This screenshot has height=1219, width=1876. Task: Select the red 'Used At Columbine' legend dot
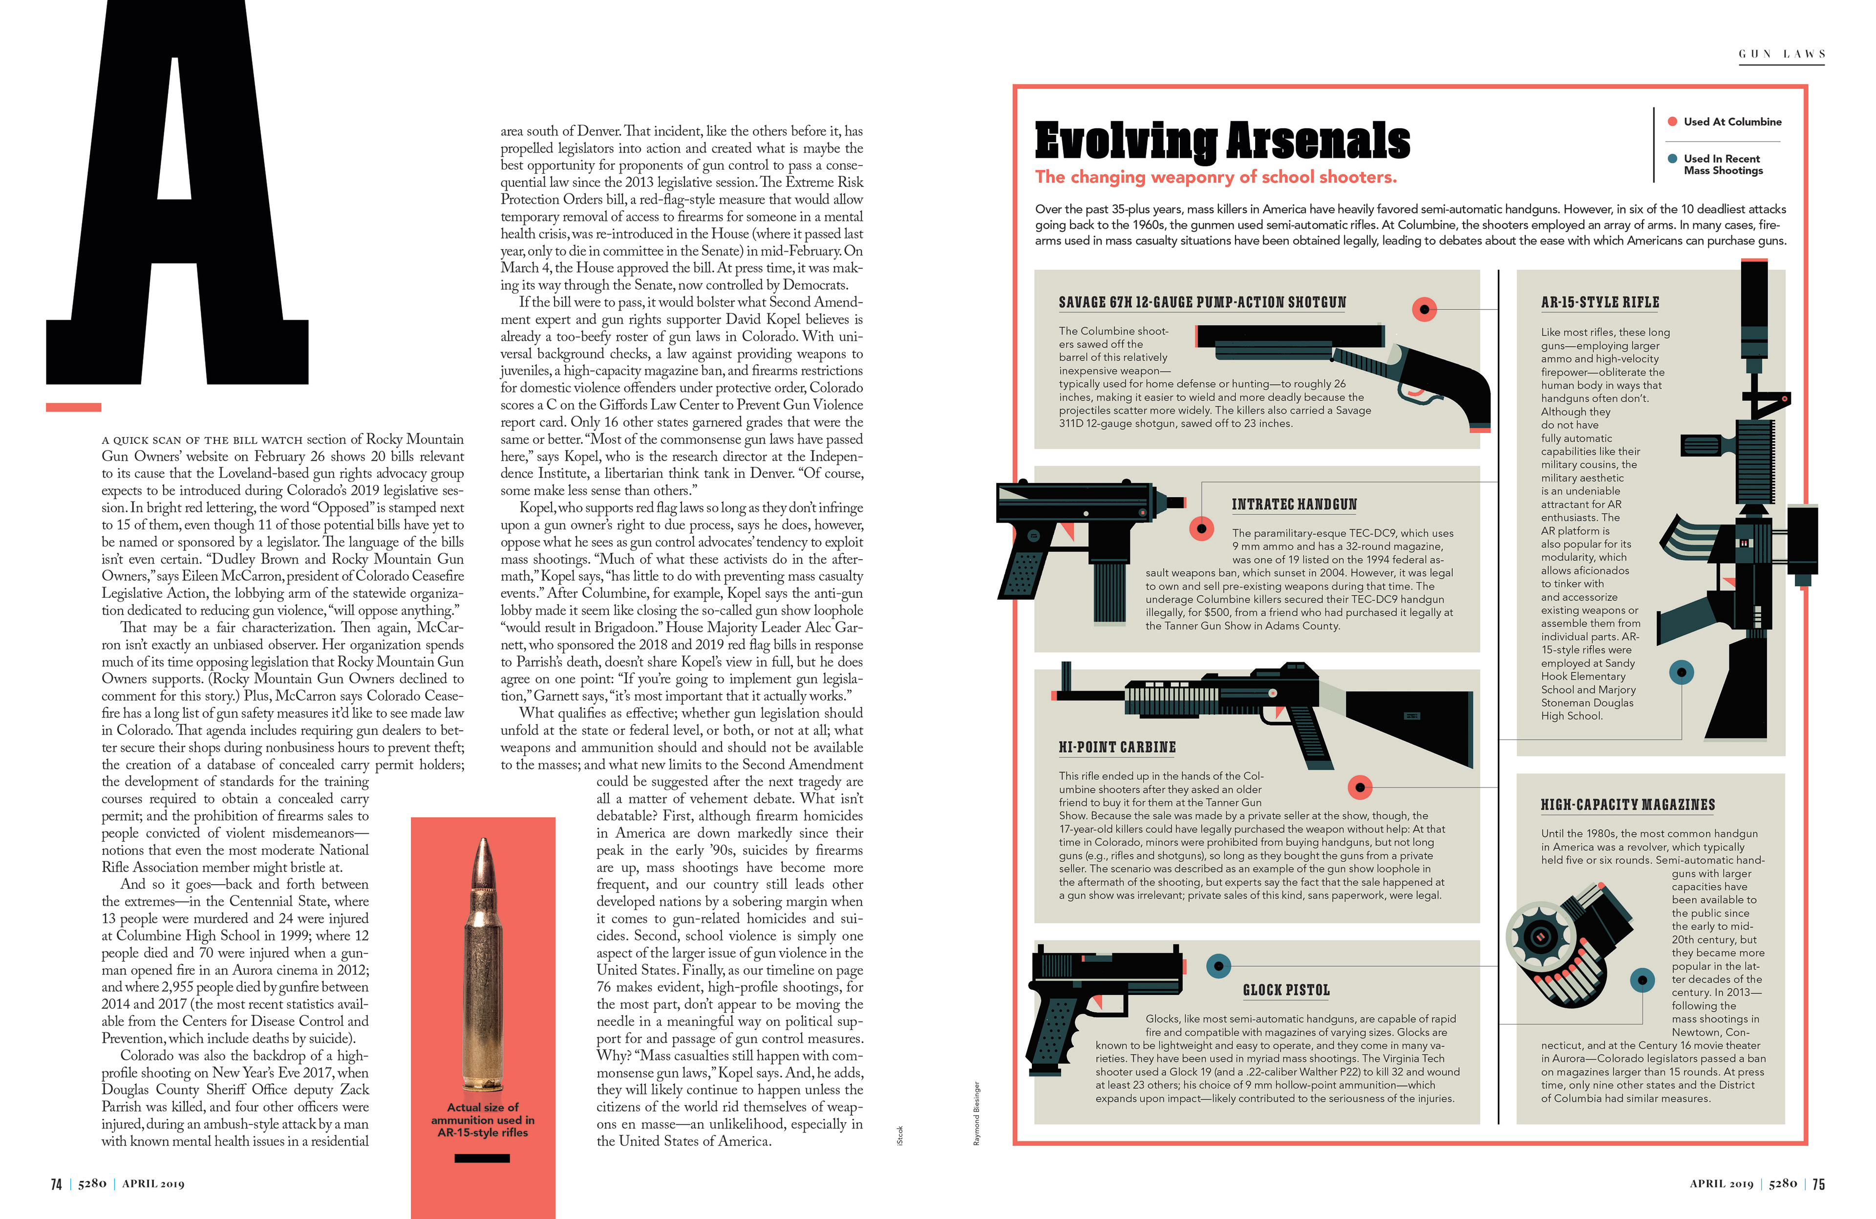pos(1672,121)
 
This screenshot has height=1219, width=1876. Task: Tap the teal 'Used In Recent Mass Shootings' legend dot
pos(1672,158)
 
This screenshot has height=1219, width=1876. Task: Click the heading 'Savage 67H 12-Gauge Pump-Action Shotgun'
pos(1202,303)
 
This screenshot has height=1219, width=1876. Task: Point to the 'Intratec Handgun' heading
pos(1294,504)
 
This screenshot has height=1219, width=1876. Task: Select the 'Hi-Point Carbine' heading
pos(1117,747)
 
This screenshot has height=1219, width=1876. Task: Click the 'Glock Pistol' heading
pos(1286,990)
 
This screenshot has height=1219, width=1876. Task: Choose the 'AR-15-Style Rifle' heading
pos(1600,303)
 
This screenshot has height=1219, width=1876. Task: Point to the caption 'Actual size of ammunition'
pos(482,1120)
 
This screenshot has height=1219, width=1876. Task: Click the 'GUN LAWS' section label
pos(1781,54)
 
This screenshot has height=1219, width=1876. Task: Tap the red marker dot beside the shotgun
pos(1424,309)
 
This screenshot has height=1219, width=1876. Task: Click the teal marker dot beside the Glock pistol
pos(1218,965)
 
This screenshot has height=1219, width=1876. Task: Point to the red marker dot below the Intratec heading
pos(1201,528)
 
